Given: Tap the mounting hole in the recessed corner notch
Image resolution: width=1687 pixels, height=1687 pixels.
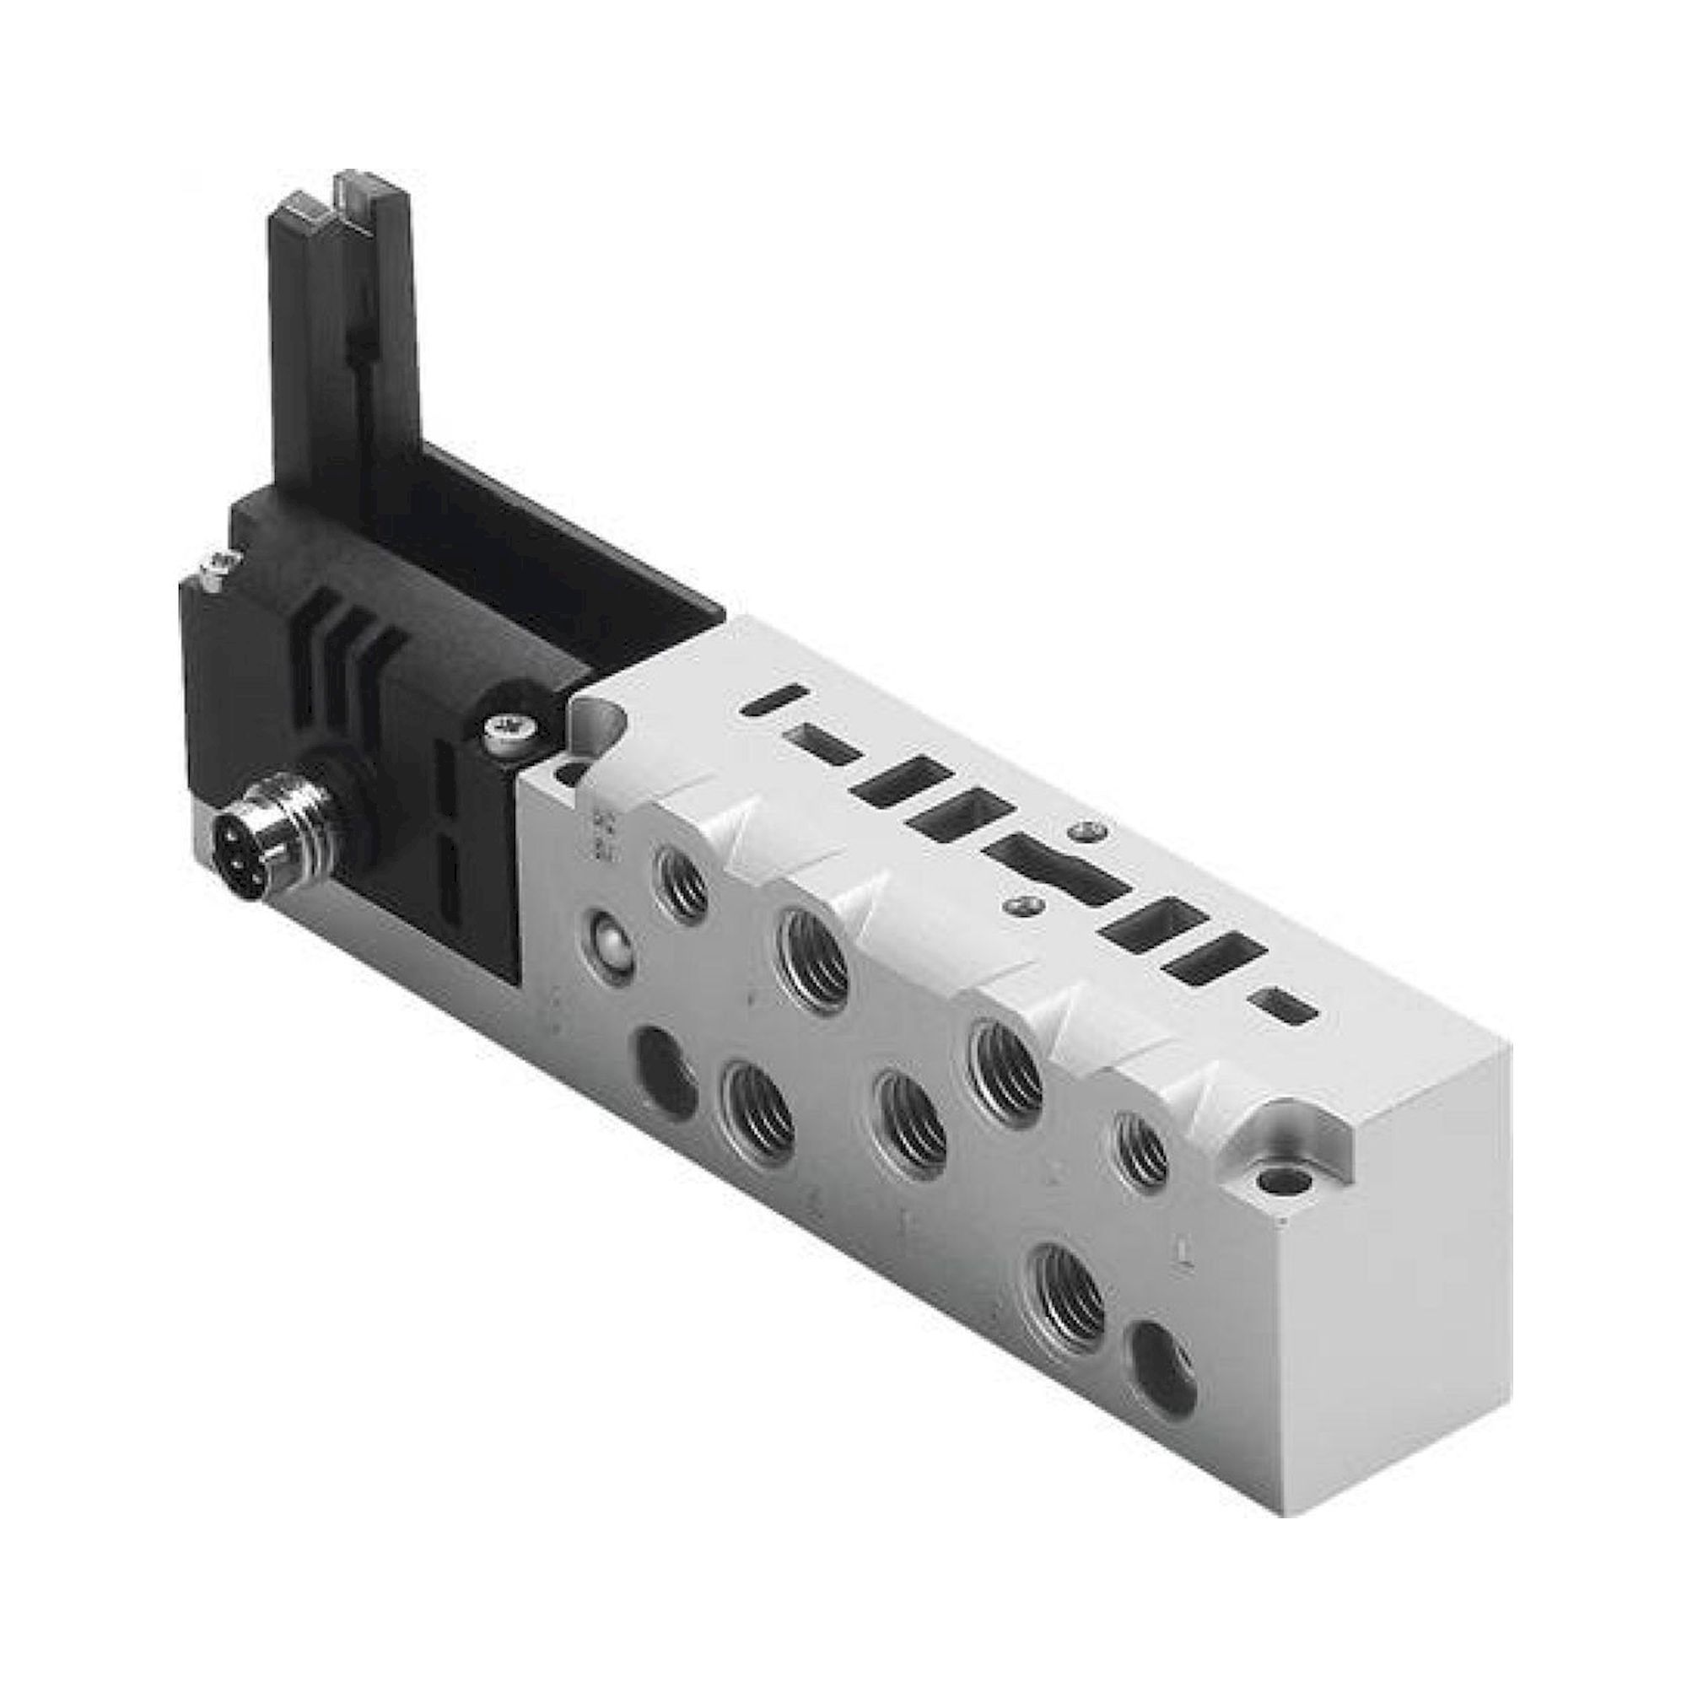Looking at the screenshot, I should [x=1280, y=1185].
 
